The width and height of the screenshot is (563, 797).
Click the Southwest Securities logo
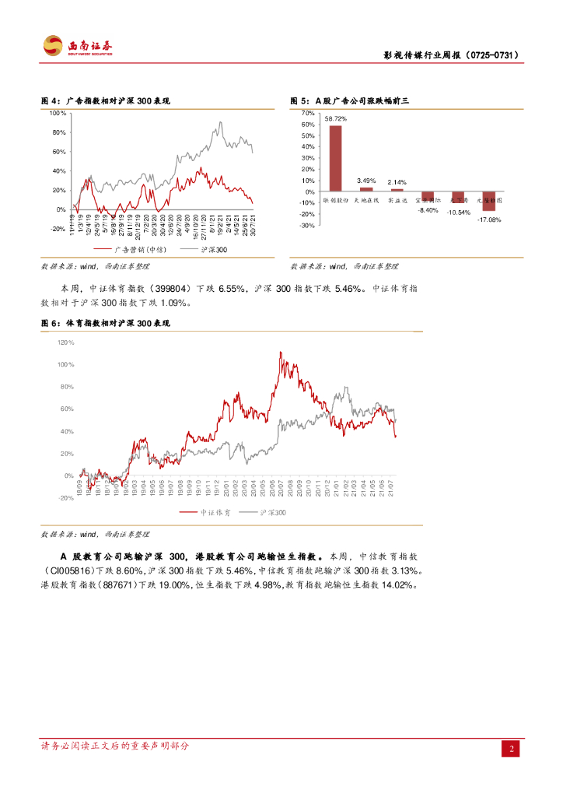(x=78, y=46)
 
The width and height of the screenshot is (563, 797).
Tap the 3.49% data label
(x=366, y=181)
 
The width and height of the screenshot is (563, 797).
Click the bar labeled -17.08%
(x=489, y=202)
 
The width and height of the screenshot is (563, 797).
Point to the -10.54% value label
(x=458, y=212)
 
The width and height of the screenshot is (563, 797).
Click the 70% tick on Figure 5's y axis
(x=308, y=114)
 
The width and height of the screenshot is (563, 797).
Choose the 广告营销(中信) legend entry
(x=131, y=250)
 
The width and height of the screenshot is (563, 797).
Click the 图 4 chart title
(x=105, y=101)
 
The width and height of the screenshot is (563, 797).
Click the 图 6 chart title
(x=105, y=322)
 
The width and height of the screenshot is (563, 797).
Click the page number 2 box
(x=511, y=749)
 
